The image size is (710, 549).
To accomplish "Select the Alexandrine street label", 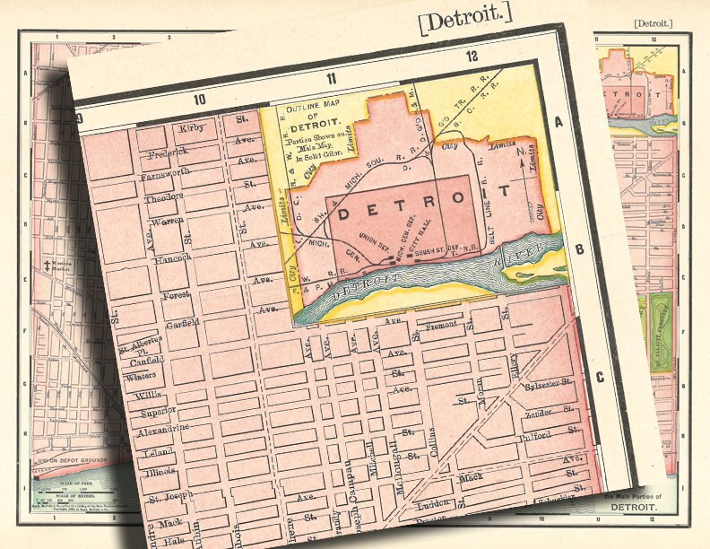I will point(161,429).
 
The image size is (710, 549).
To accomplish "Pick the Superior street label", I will point(158,413).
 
